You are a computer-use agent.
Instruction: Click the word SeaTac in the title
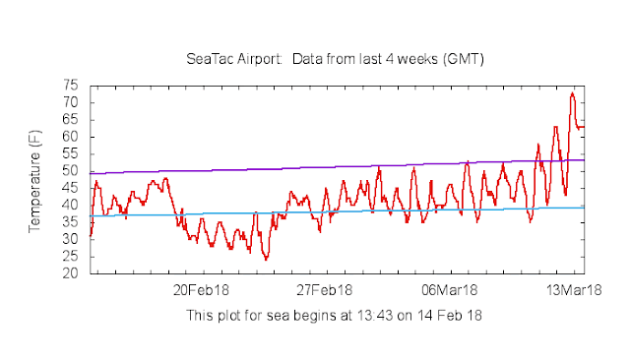208,61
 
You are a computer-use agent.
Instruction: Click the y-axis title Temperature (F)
35,182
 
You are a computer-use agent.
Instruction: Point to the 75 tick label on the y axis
71,86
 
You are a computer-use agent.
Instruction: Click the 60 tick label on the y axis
71,137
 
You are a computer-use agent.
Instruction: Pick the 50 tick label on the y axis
71,171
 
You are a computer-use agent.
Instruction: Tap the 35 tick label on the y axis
71,222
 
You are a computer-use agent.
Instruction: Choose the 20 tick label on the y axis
71,273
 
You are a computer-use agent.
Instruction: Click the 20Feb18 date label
202,290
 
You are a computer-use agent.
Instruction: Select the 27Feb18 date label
326,290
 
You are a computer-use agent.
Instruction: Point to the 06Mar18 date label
450,290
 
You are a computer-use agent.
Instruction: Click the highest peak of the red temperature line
573,93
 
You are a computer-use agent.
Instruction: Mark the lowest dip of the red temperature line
266,259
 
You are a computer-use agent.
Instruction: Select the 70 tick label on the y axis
71,102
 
